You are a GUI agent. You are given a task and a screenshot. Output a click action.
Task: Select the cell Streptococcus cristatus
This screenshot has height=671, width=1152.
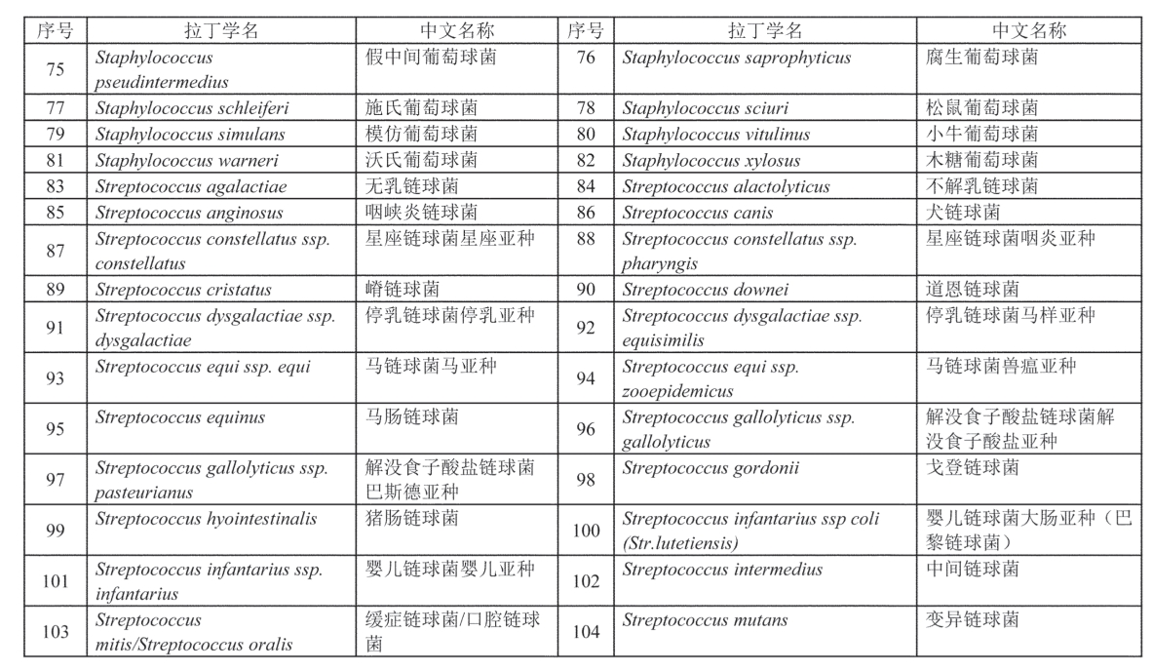tap(183, 290)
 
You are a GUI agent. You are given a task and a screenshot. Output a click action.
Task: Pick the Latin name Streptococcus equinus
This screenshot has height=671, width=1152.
tap(180, 417)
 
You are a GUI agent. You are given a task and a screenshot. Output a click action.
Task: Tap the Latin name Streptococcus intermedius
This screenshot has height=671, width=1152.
tap(722, 570)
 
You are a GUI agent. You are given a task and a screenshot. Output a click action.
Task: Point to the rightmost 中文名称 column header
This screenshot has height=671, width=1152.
tap(1029, 30)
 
